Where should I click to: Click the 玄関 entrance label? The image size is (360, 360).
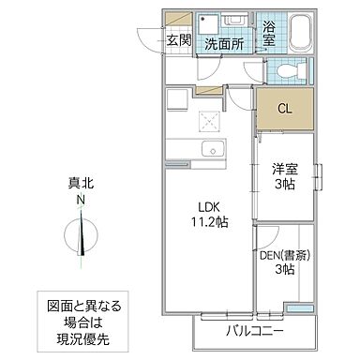[179, 40]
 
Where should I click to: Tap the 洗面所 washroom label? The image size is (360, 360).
[225, 44]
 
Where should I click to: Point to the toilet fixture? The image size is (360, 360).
[284, 71]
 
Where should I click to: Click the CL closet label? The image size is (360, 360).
[283, 109]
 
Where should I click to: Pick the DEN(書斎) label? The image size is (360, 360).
[282, 252]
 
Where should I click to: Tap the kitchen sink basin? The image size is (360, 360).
[211, 147]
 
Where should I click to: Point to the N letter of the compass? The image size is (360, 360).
[82, 201]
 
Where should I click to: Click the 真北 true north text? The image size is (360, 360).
[82, 186]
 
